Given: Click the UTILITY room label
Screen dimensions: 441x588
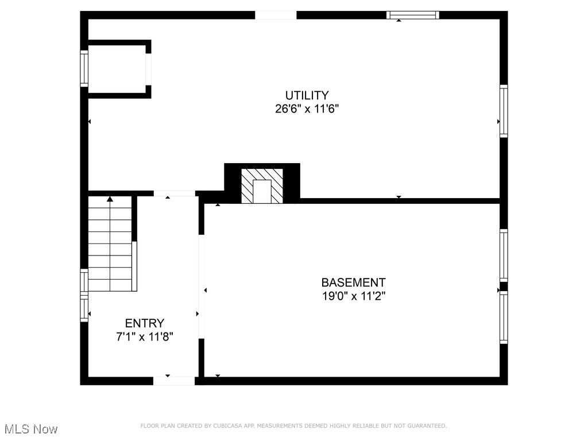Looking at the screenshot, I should pyautogui.click(x=307, y=95).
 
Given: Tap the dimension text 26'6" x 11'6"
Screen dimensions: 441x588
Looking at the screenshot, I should pyautogui.click(x=307, y=109).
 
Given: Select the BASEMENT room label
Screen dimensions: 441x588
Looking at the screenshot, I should pyautogui.click(x=353, y=283).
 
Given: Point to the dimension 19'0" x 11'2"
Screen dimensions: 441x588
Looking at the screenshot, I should pyautogui.click(x=353, y=296).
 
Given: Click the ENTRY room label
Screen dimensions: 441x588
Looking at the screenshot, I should pyautogui.click(x=145, y=323).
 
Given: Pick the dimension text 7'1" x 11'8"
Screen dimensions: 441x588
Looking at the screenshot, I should pyautogui.click(x=145, y=337).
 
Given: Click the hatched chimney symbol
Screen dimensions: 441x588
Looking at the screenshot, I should pyautogui.click(x=262, y=185).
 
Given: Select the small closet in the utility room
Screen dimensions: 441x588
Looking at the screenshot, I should pyautogui.click(x=118, y=69).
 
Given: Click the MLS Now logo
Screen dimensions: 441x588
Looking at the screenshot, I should pyautogui.click(x=31, y=429).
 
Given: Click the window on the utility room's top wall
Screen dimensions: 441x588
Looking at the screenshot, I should pyautogui.click(x=412, y=16).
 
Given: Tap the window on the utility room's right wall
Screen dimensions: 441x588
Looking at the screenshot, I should pyautogui.click(x=504, y=111).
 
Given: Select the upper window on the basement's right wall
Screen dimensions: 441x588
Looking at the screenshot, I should pyautogui.click(x=504, y=255).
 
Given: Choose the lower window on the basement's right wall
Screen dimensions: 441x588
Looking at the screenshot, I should pyautogui.click(x=504, y=318).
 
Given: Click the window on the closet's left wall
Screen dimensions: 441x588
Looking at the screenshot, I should pyautogui.click(x=84, y=68).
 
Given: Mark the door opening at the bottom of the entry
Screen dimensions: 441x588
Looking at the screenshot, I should pyautogui.click(x=174, y=381).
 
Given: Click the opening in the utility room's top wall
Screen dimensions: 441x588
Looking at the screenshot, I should pyautogui.click(x=276, y=15).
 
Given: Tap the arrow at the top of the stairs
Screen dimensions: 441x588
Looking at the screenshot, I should pyautogui.click(x=110, y=199).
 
